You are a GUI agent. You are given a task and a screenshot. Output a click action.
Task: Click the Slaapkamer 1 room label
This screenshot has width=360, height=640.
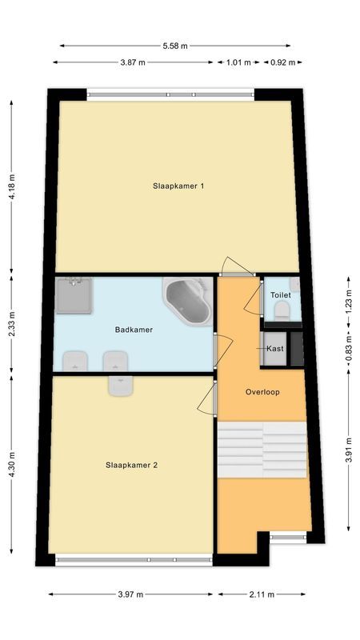click(178, 186)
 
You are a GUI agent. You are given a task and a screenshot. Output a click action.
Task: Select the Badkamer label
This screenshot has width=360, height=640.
click(134, 329)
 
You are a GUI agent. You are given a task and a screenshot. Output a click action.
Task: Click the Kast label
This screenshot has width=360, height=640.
click(275, 349)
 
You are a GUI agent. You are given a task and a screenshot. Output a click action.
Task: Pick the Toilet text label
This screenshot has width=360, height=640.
click(280, 295)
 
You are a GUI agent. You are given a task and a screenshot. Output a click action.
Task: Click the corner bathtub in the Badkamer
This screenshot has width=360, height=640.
click(189, 301)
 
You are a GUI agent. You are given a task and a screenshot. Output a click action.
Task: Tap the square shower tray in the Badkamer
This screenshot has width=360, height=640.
click(74, 296)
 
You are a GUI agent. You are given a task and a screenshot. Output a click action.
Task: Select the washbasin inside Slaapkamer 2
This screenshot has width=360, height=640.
click(121, 386)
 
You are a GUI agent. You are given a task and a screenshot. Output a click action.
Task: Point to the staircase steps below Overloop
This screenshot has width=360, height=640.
click(262, 450)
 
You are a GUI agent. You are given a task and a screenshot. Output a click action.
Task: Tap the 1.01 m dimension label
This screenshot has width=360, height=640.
click(238, 62)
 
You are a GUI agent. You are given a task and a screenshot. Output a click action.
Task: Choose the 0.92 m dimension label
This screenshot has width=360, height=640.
click(281, 62)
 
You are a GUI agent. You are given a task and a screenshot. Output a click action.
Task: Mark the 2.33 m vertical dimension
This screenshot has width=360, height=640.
click(11, 326)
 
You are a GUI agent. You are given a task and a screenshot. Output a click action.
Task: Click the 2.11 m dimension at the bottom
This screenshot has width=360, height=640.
click(261, 594)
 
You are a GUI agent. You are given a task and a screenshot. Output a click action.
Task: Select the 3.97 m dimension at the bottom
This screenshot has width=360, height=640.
click(130, 594)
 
